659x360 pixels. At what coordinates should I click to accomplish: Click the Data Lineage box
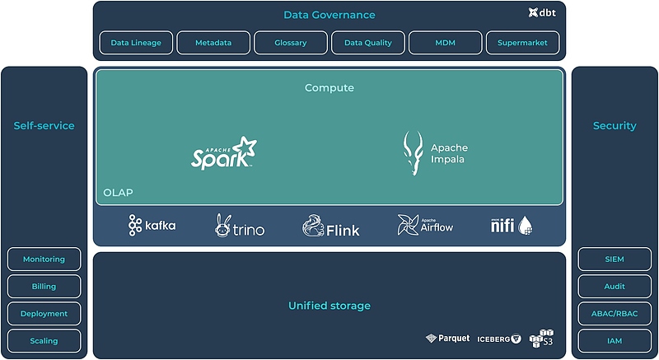point(136,43)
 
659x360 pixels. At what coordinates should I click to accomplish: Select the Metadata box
point(213,43)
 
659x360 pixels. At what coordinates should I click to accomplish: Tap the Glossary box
point(290,43)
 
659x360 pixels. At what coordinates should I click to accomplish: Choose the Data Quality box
point(367,43)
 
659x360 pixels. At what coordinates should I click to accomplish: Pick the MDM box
point(445,43)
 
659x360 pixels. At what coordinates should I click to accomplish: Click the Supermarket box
point(522,43)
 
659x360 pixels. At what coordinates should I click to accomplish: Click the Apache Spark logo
point(224,152)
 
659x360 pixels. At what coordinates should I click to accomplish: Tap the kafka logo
point(152,226)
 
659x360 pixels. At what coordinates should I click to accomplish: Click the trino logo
point(241,226)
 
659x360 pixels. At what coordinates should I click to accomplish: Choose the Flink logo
point(331,227)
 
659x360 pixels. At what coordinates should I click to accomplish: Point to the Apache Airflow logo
point(425,226)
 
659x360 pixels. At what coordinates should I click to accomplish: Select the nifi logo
point(512,225)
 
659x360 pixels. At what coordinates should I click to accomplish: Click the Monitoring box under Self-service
point(44,259)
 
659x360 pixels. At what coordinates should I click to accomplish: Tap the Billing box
point(44,287)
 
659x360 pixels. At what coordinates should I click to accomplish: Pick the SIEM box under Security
point(615,259)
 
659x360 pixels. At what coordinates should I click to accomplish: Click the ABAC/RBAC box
point(615,314)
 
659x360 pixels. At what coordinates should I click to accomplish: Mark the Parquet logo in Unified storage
point(448,339)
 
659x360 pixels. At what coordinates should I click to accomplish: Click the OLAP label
point(118,193)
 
